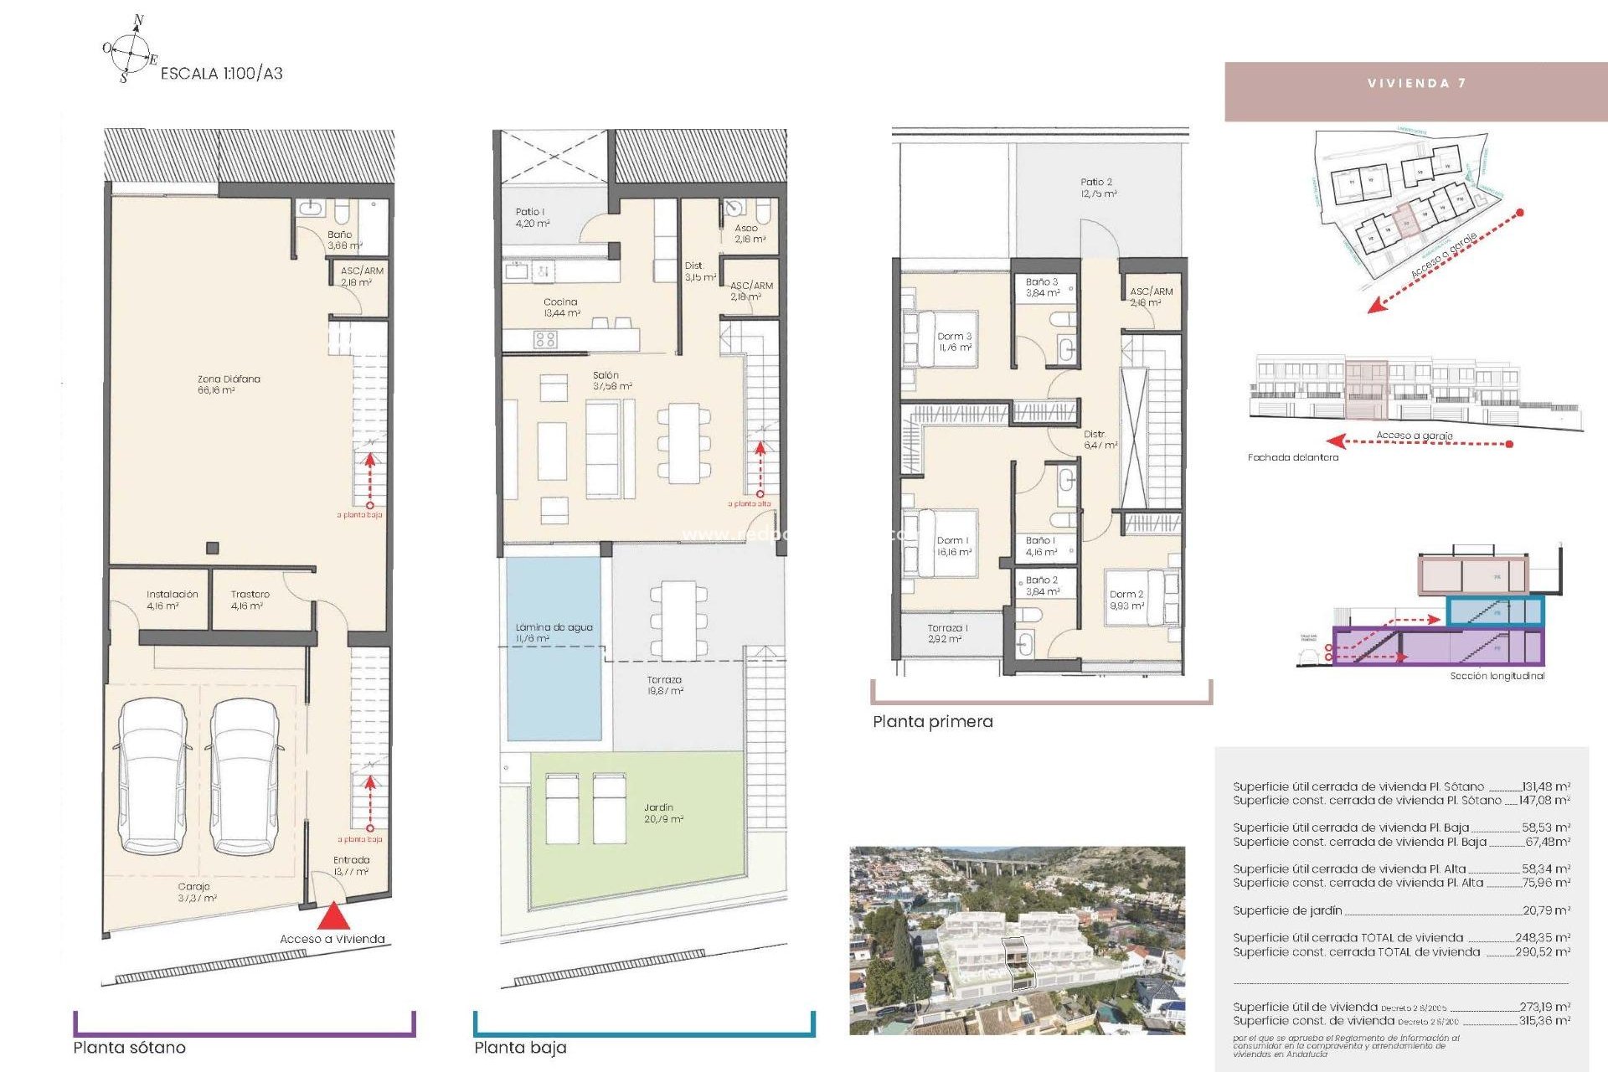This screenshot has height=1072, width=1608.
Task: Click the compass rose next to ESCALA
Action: (130, 49)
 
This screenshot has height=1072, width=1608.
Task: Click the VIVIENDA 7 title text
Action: (1416, 83)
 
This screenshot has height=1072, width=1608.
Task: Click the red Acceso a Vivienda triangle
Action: (333, 915)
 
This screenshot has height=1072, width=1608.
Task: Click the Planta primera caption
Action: (932, 722)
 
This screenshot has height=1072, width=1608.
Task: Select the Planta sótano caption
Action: (129, 1048)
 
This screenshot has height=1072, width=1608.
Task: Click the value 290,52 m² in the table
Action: (1542, 952)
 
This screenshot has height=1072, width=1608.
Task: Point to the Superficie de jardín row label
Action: (1287, 910)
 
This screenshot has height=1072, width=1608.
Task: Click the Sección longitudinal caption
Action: (1497, 676)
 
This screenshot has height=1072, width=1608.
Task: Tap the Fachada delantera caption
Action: (1292, 457)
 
